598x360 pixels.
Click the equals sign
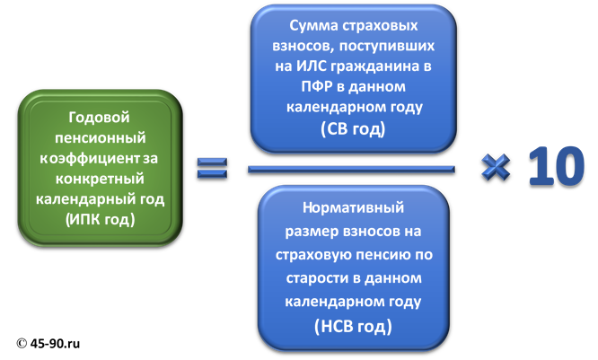point(213,168)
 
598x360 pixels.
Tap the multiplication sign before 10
point(496,167)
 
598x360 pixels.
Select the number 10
point(550,166)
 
